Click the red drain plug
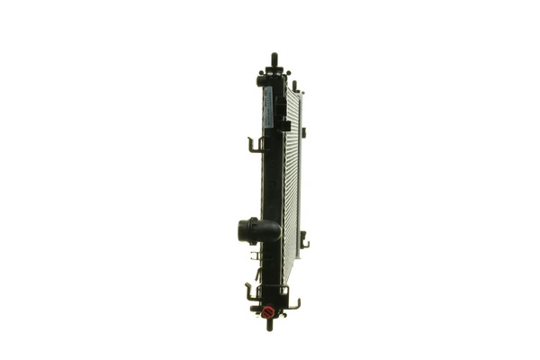267,312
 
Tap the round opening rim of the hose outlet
243,230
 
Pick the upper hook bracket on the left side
256,144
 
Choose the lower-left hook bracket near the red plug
251,292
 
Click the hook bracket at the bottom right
292,303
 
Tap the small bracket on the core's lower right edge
304,241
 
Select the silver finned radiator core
291,180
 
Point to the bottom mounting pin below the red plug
269,325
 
